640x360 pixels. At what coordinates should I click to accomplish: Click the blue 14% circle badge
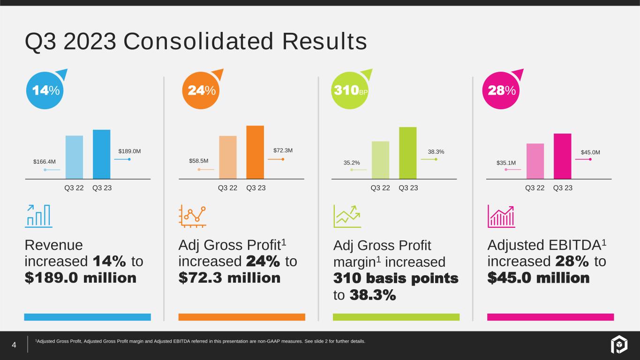(45, 91)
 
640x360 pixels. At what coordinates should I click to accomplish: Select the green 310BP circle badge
(350, 91)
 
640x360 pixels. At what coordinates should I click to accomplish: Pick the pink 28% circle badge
(500, 91)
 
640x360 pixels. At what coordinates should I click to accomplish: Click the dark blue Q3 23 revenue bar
(101, 154)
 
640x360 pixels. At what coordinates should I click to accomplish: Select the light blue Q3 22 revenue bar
(74, 157)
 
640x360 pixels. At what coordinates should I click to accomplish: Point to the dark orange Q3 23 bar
(255, 152)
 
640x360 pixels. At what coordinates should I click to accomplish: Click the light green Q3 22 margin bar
(380, 160)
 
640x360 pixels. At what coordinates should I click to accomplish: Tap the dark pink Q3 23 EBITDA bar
(562, 156)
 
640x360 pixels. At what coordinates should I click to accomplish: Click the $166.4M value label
(45, 162)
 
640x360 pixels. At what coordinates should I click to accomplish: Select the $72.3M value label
(283, 150)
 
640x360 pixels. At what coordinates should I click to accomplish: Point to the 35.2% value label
(351, 163)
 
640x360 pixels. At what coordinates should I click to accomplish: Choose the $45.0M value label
(590, 152)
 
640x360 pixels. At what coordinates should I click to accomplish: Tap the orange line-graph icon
(193, 216)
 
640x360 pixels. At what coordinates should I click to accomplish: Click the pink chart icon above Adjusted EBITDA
(501, 216)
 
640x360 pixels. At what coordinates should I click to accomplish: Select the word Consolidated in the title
(198, 42)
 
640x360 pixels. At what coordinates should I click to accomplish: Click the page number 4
(14, 346)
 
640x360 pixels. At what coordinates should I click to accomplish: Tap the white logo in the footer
(618, 346)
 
